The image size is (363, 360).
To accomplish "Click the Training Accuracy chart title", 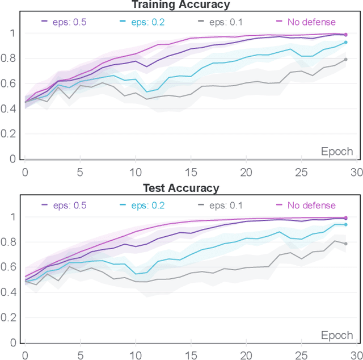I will pyautogui.click(x=181, y=5).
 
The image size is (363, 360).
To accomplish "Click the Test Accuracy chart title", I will pyautogui.click(x=181, y=187).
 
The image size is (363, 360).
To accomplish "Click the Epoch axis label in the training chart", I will pyautogui.click(x=337, y=152).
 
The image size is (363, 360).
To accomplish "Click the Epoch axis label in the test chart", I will pyautogui.click(x=337, y=335).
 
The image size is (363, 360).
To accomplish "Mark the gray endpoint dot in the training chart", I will pyautogui.click(x=345, y=60).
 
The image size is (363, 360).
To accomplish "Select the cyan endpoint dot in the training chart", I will pyautogui.click(x=345, y=43).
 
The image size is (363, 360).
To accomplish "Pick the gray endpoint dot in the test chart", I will pyautogui.click(x=345, y=244).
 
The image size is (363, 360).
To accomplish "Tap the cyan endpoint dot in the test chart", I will pyautogui.click(x=345, y=225).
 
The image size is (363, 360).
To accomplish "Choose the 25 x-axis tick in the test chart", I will pyautogui.click(x=301, y=355).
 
